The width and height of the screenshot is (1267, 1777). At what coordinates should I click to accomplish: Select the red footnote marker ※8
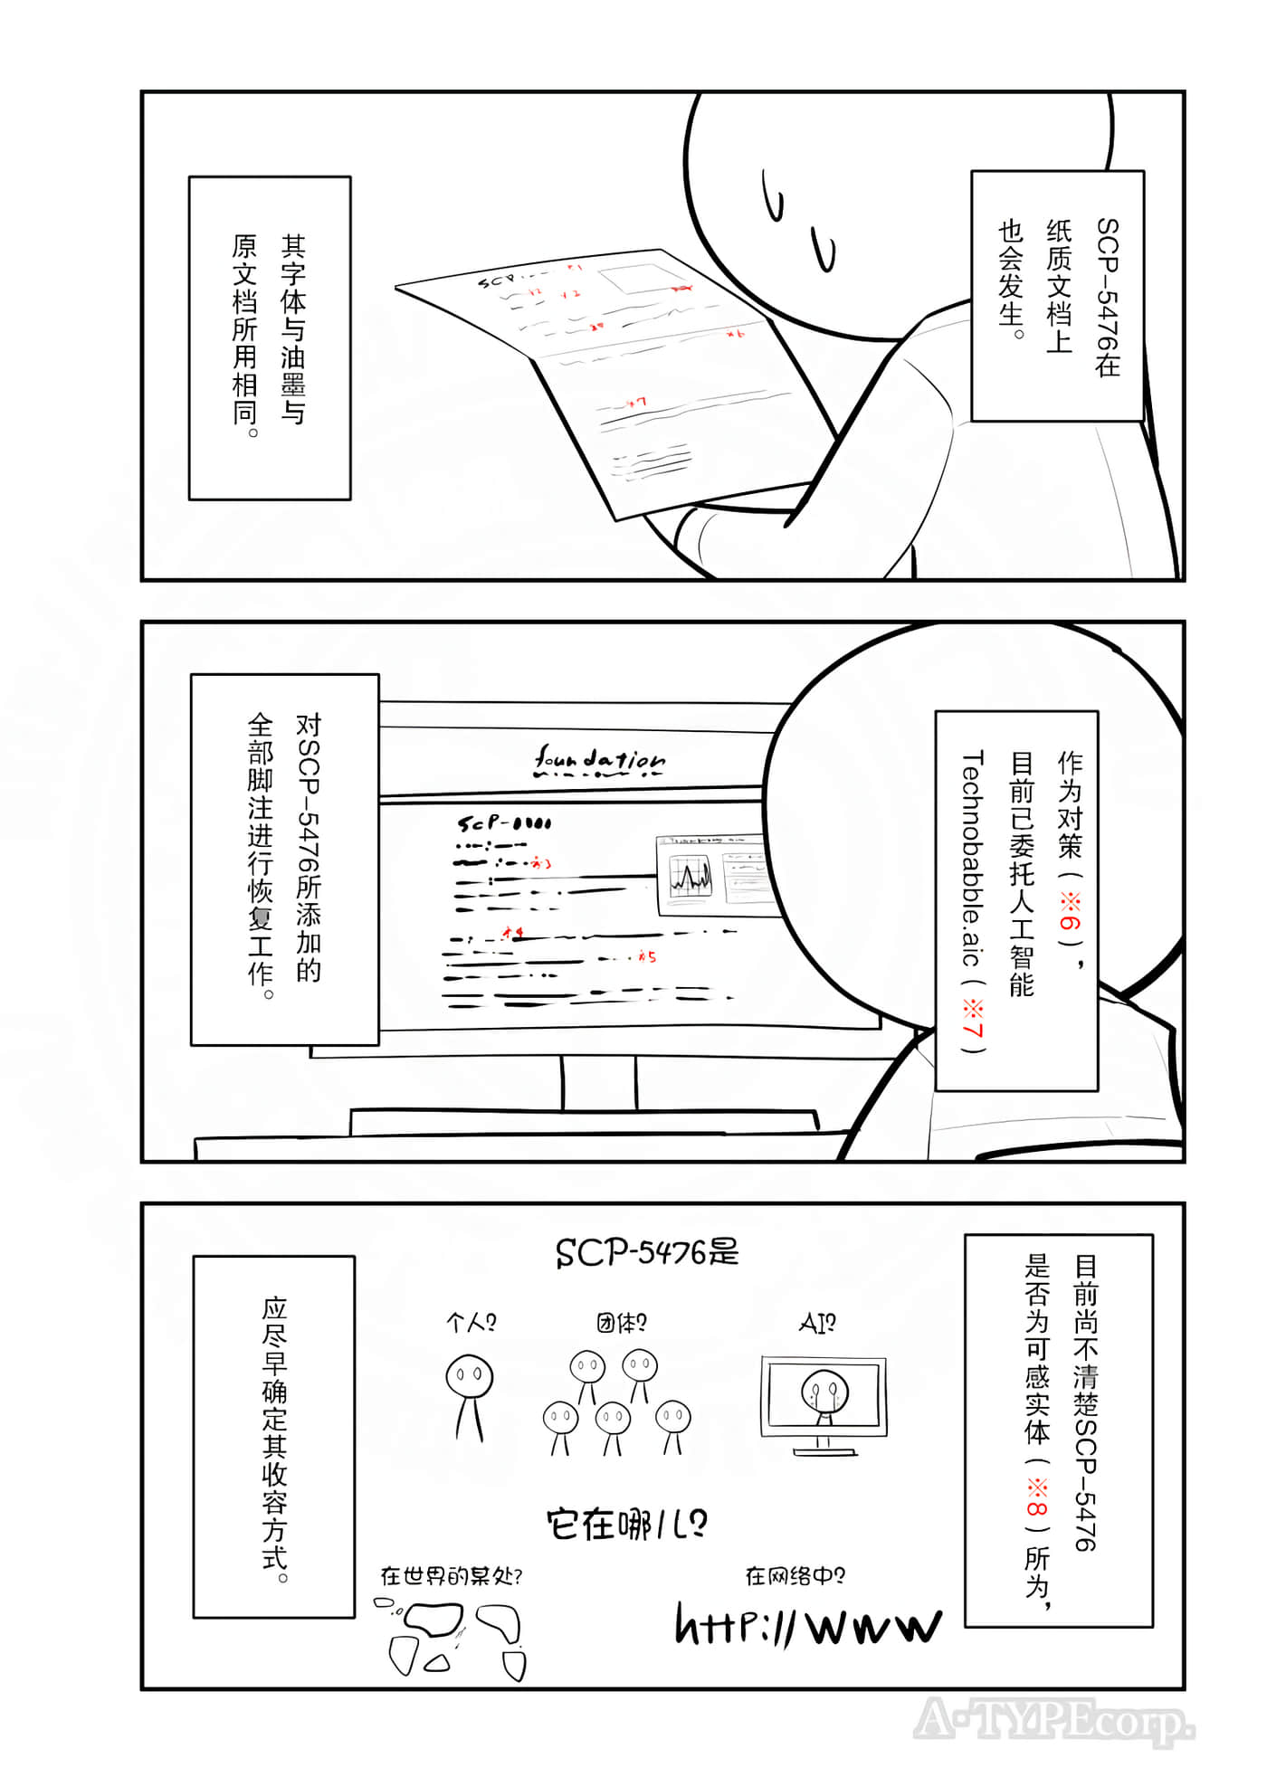point(1037,1497)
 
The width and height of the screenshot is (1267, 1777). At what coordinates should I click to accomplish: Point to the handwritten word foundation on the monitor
point(599,761)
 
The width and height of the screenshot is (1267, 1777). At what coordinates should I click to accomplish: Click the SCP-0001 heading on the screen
point(503,823)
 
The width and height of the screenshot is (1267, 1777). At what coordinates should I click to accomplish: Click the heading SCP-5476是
point(647,1252)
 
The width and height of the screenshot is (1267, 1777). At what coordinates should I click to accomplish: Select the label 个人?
point(472,1323)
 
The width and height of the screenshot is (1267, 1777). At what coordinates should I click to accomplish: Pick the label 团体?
point(621,1323)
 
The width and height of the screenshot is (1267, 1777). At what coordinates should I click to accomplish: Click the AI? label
point(817,1324)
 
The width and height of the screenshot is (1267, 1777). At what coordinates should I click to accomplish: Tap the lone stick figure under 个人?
point(470,1394)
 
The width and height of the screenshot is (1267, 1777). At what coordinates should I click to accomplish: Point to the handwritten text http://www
point(808,1625)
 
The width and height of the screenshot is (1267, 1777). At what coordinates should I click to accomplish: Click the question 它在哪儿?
point(627,1525)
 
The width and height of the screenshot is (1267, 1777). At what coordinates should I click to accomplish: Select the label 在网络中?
point(795,1576)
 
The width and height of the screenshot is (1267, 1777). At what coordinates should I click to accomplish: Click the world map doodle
point(452,1639)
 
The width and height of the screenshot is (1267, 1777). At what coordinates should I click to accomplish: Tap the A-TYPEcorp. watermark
point(1053,1721)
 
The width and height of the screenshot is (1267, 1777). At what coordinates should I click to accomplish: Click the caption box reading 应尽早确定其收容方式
point(274,1436)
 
